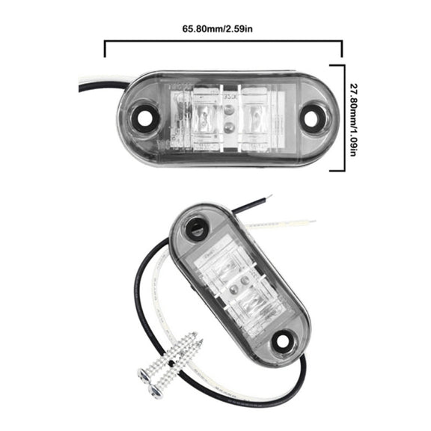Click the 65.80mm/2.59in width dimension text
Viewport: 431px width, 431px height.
217,29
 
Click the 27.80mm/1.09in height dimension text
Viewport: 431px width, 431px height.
353,120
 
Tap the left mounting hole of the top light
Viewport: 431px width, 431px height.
143,118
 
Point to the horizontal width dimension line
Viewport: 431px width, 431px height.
223,41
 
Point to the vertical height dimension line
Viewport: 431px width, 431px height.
343,118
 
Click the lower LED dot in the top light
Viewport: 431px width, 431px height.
228,126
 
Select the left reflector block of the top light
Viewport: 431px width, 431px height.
204,119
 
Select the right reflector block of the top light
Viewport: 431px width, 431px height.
254,119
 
